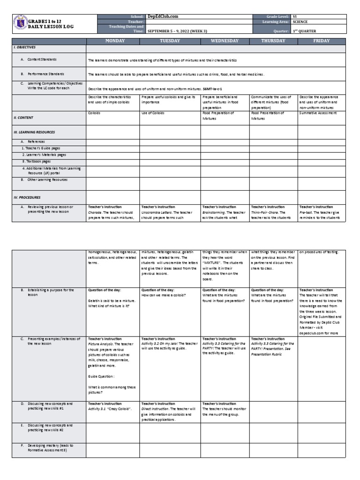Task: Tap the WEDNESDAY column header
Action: tap(225, 41)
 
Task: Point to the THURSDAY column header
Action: tap(273, 41)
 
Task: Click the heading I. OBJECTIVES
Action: tap(24, 47)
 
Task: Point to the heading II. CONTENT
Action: tap(23, 118)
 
